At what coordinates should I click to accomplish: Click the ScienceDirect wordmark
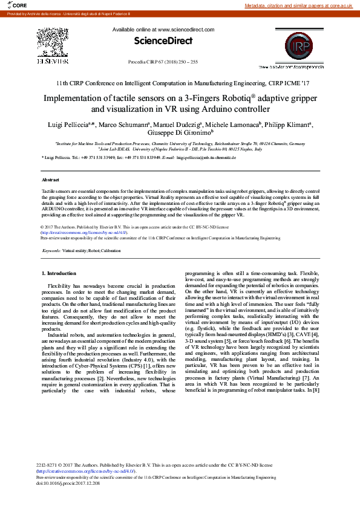click(163, 41)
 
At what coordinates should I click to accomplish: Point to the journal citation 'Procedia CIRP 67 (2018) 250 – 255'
click(163, 62)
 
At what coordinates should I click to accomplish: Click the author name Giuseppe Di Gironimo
click(180, 132)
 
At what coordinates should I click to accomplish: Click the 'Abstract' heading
click(50, 180)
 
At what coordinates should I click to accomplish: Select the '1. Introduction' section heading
click(59, 274)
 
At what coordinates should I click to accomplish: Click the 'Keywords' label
click(51, 250)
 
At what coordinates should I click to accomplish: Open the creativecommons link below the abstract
click(83, 232)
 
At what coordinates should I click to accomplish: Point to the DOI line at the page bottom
click(68, 484)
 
